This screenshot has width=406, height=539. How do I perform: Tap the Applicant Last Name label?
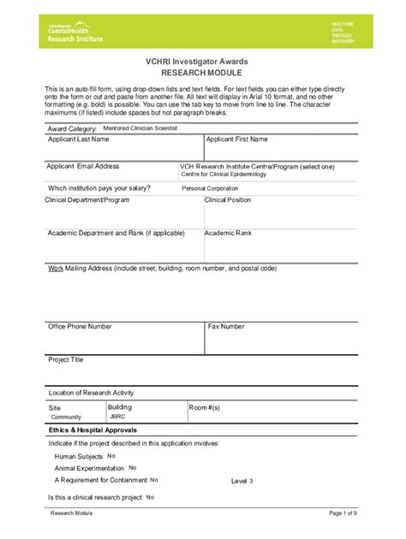[x=79, y=139]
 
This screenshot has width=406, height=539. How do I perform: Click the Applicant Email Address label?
[x=83, y=166]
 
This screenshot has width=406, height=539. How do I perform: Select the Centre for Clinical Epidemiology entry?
[x=224, y=174]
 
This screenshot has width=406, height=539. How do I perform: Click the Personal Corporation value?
[x=210, y=187]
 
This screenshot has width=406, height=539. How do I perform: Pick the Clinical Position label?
[x=228, y=199]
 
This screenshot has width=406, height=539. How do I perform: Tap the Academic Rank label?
[x=228, y=233]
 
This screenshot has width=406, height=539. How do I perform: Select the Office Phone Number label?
[x=80, y=326]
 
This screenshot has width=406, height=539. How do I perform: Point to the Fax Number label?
[x=226, y=326]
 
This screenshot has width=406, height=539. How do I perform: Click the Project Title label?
[x=66, y=360]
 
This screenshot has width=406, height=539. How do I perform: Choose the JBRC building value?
[x=116, y=417]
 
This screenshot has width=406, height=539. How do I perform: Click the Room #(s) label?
[x=204, y=408]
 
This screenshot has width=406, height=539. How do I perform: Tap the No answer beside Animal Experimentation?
[x=133, y=468]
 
